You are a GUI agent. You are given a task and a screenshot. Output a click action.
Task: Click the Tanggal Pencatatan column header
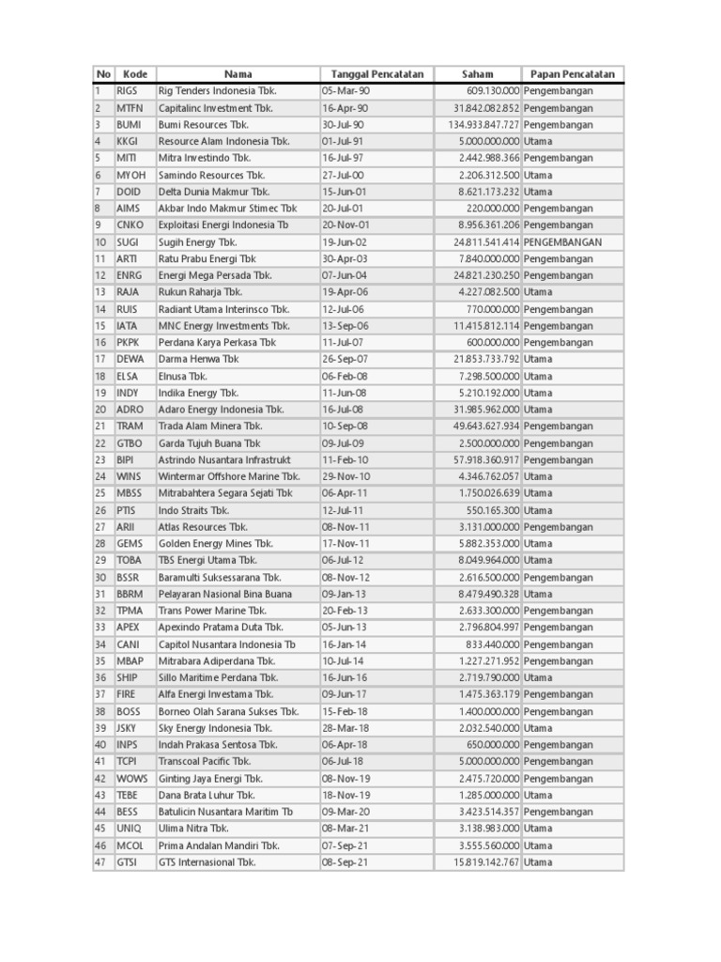[376, 74]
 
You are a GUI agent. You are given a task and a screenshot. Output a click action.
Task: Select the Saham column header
[477, 74]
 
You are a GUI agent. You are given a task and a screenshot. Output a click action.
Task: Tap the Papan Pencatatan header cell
[572, 74]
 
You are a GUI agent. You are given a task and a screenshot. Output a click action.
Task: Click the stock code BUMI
[129, 125]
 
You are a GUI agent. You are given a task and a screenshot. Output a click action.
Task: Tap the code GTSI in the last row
[127, 862]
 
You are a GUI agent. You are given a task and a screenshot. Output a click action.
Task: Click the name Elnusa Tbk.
[183, 376]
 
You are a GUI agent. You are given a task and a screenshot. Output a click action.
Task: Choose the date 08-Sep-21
[345, 862]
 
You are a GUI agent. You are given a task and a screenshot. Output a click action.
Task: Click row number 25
[100, 493]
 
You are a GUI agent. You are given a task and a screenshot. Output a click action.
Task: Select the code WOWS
[132, 779]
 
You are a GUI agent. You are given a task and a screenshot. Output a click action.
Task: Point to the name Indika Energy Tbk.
[198, 393]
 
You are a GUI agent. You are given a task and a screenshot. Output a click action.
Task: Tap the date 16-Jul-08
[344, 410]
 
